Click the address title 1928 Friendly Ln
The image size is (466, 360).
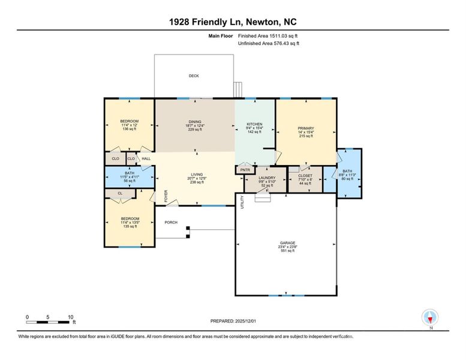(233, 22)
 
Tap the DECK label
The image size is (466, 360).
(194, 76)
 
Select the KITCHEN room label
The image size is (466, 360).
(255, 124)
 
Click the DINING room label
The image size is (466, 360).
(194, 122)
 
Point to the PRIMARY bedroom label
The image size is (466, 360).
(306, 128)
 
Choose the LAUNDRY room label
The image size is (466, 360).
(266, 178)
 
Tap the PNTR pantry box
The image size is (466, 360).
(245, 170)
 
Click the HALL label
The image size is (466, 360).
(146, 159)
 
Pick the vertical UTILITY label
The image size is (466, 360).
(242, 201)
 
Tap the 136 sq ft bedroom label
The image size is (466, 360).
(129, 128)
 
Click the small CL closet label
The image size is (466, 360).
(120, 193)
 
